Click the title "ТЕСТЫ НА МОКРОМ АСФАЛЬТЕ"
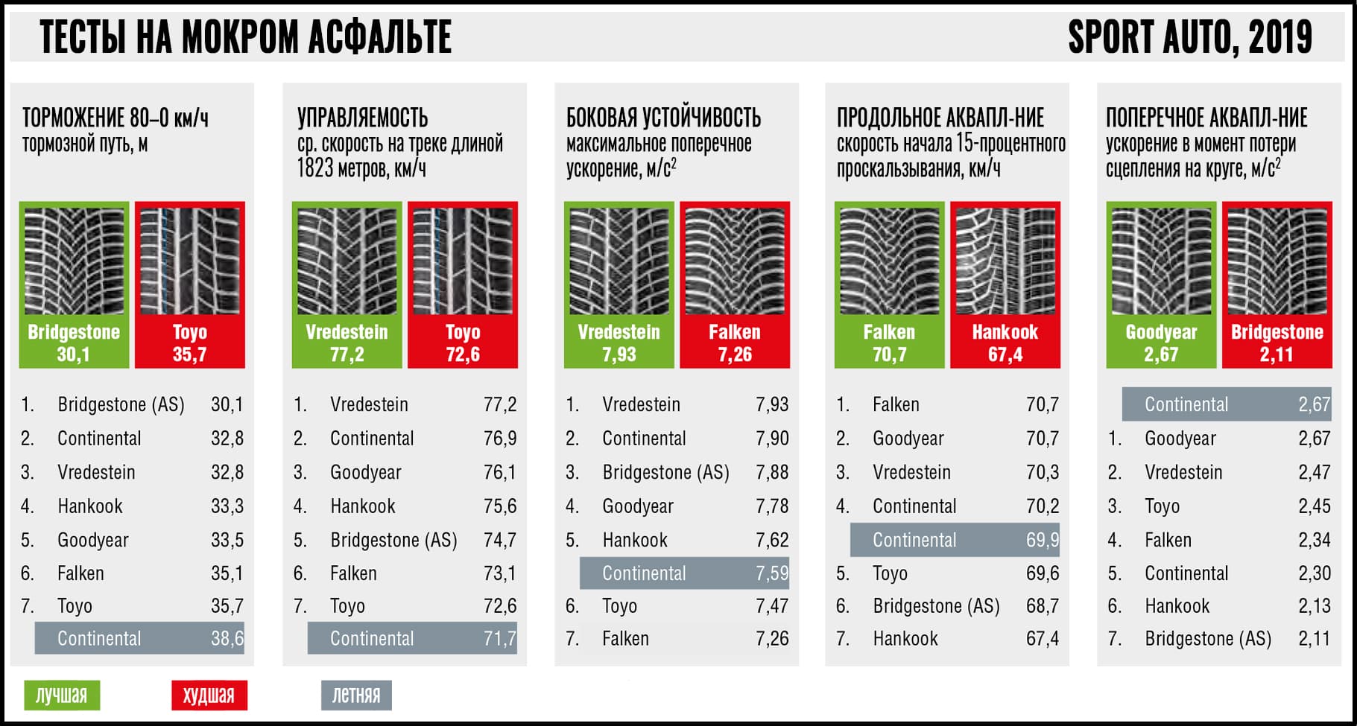[x=245, y=37]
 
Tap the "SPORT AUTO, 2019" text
[x=1189, y=37]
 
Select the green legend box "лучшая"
[x=62, y=695]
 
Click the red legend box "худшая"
[x=209, y=695]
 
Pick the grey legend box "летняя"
[x=356, y=695]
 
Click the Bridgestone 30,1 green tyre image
[x=74, y=261]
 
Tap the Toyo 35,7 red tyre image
[x=190, y=261]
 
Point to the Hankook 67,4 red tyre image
[x=1005, y=261]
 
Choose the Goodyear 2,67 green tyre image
[x=1161, y=261]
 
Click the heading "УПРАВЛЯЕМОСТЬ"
[x=363, y=118]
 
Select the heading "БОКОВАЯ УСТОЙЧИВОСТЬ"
[x=663, y=118]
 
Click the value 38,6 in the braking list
[x=227, y=638]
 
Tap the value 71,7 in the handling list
[x=500, y=638]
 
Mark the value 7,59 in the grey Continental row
[x=772, y=573]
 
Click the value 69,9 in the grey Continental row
[x=1043, y=540]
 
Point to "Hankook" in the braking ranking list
[x=90, y=506]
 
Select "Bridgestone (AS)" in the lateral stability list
[x=665, y=472]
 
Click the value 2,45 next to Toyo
[x=1314, y=506]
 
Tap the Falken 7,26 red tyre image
[x=735, y=261]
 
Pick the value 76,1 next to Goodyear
[x=500, y=472]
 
